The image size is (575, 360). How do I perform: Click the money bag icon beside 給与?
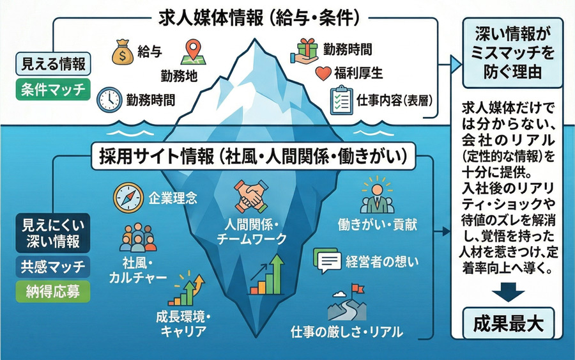tap(121, 52)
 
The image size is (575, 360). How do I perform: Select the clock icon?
tap(109, 100)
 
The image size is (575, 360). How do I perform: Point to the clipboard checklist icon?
tap(341, 100)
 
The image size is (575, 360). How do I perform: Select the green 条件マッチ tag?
tap(52, 89)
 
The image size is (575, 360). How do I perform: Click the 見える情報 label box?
tap(52, 65)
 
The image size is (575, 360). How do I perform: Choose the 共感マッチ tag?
tap(52, 267)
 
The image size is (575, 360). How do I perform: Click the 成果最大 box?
tap(509, 323)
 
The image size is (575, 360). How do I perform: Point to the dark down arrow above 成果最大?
tap(509, 295)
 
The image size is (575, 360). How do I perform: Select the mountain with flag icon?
tap(348, 305)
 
